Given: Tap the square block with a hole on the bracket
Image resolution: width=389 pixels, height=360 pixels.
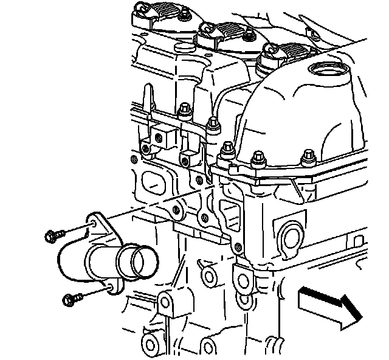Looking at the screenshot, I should (162, 136).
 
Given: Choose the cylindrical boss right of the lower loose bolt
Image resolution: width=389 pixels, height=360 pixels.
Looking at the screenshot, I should (167, 302).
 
